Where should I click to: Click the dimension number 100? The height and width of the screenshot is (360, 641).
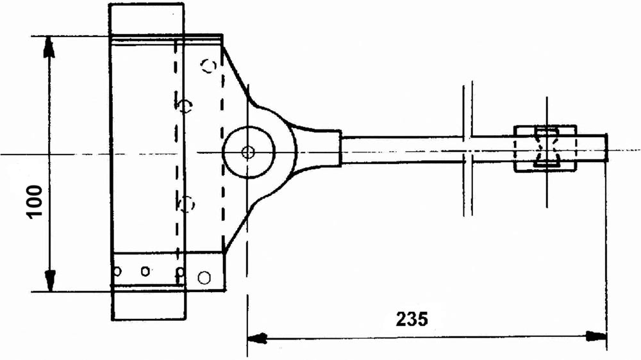(35, 202)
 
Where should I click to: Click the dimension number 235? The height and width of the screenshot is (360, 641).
(412, 319)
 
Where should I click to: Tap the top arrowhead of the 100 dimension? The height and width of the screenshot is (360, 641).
(49, 47)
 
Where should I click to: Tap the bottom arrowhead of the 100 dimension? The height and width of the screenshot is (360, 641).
(50, 281)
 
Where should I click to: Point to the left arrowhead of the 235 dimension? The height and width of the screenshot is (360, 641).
(258, 338)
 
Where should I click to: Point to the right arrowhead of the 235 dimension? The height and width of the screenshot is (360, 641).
(596, 336)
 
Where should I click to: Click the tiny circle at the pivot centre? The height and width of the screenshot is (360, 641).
(247, 152)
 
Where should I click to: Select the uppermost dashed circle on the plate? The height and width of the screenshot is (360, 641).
(209, 66)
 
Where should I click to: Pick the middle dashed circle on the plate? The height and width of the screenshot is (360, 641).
(186, 106)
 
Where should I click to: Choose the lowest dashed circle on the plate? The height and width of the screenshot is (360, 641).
(188, 204)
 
